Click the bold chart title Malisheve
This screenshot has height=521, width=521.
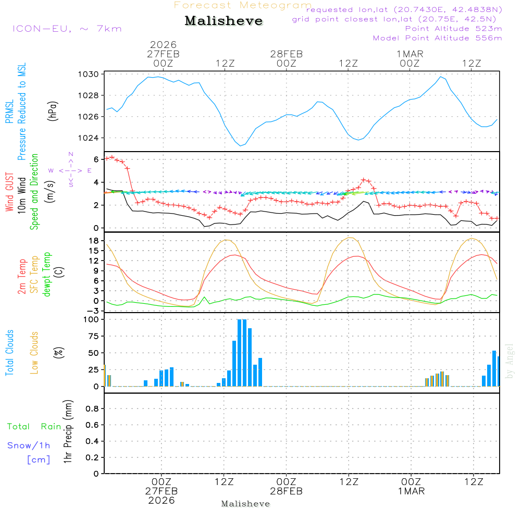pyautogui.click(x=224, y=21)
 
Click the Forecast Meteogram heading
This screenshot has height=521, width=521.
pyautogui.click(x=243, y=5)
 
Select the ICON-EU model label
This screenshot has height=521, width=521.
pyautogui.click(x=67, y=28)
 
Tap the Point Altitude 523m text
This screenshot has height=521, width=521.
pyautogui.click(x=453, y=29)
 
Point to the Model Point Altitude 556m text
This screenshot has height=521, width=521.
pyautogui.click(x=438, y=38)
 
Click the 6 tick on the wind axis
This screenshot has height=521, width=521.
pyautogui.click(x=96, y=159)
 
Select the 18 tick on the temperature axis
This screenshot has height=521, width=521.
pyautogui.click(x=94, y=241)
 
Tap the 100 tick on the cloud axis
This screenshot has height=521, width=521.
pyautogui.click(x=92, y=319)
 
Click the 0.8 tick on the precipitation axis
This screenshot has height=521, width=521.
pyautogui.click(x=92, y=409)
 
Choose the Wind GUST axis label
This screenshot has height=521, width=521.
pyautogui.click(x=10, y=193)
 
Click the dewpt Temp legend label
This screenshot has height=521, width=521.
pyautogui.click(x=47, y=274)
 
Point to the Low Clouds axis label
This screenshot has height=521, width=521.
pyautogui.click(x=35, y=353)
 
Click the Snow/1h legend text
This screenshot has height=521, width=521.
pyautogui.click(x=29, y=445)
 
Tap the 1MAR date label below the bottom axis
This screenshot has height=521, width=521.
pyautogui.click(x=411, y=491)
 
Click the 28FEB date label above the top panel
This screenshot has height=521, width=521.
pyautogui.click(x=286, y=54)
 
